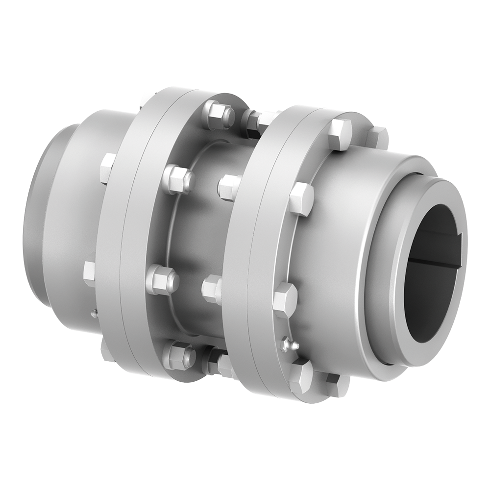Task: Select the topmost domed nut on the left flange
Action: click(219, 115)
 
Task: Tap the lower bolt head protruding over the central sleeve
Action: click(212, 289)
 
